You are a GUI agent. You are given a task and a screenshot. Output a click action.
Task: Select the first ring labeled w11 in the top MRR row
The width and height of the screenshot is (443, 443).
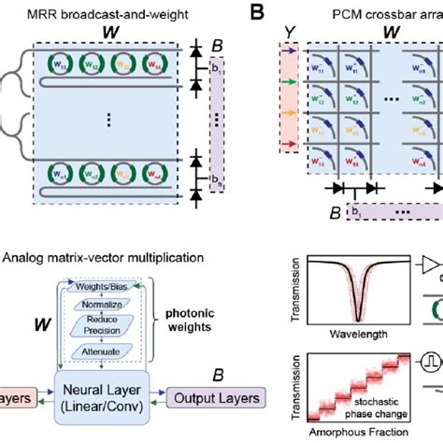58,66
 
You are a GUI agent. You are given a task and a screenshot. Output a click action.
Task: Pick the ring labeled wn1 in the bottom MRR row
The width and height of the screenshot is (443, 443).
58,174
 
